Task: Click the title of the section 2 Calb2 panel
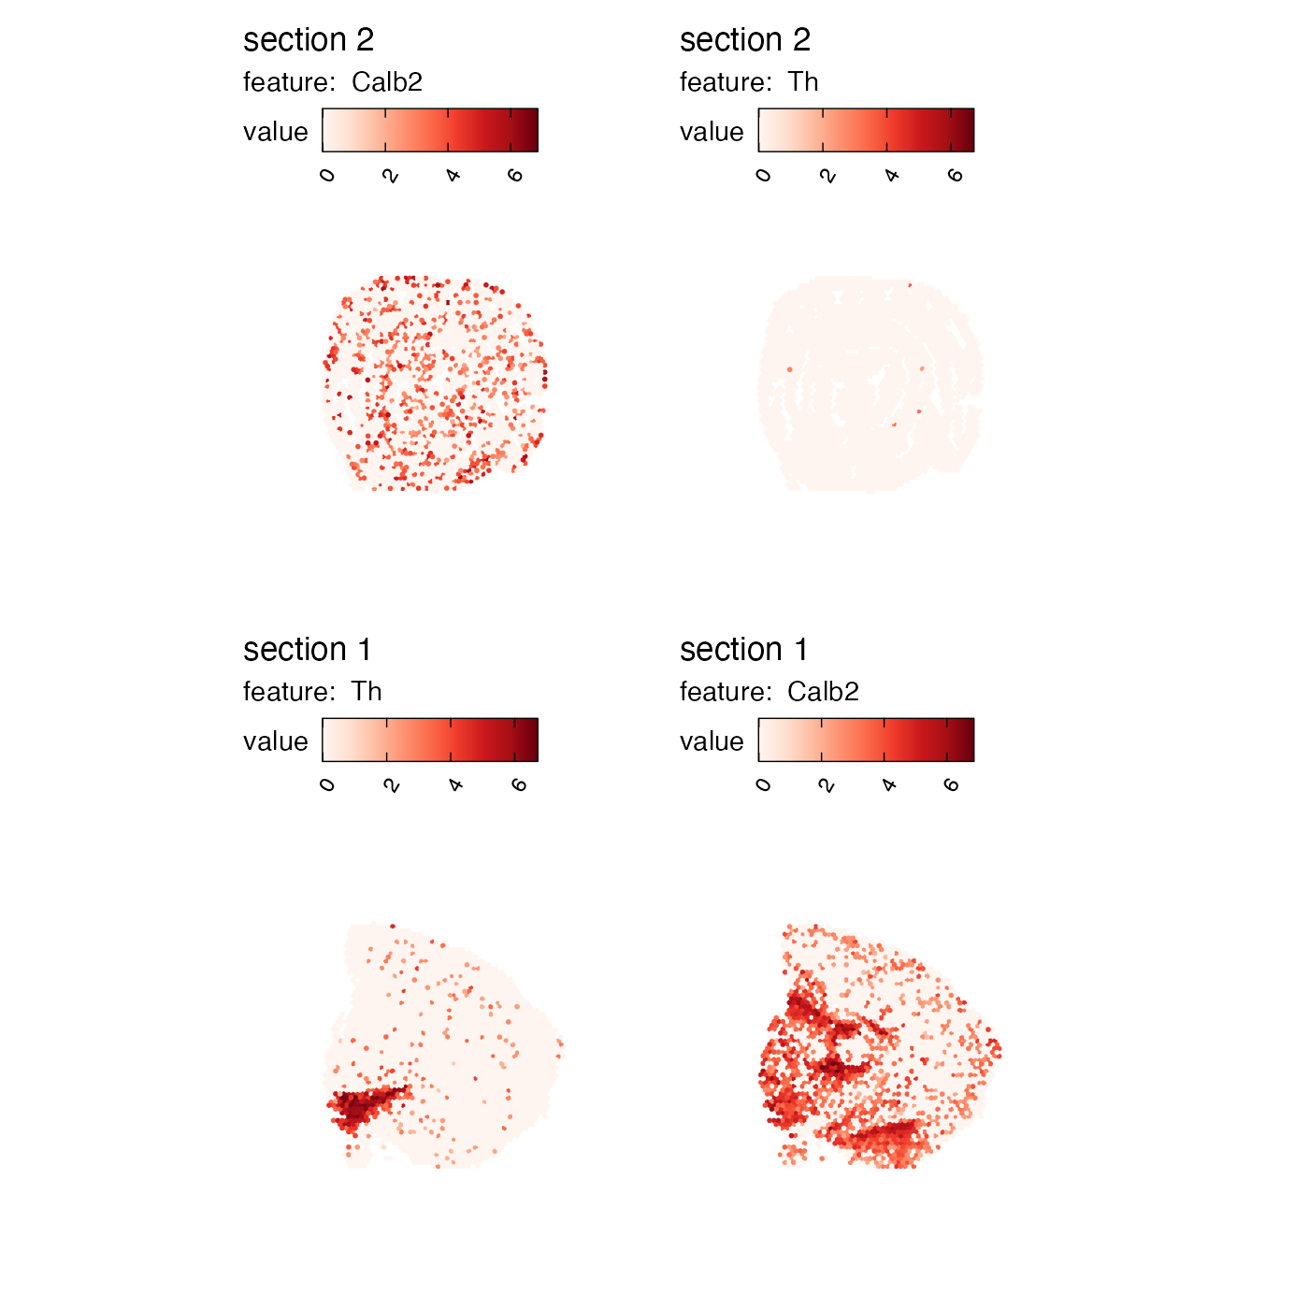(309, 40)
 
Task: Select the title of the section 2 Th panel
(744, 40)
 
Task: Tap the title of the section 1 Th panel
(307, 650)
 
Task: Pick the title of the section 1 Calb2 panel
(743, 650)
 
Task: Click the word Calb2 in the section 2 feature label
(387, 82)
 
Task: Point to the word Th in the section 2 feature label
(803, 82)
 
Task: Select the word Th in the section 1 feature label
(367, 692)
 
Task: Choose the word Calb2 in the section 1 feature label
(823, 692)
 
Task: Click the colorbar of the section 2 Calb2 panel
(430, 130)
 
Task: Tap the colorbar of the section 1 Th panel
(430, 740)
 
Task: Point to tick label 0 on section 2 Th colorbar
(764, 176)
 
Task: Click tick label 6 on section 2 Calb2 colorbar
(515, 176)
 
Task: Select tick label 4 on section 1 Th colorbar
(455, 785)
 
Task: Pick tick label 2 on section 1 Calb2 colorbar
(827, 785)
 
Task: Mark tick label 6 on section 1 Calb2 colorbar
(952, 785)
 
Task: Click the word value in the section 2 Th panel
(712, 132)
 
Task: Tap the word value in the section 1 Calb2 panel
(712, 741)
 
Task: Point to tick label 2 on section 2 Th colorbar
(827, 176)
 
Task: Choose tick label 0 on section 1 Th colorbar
(327, 785)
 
